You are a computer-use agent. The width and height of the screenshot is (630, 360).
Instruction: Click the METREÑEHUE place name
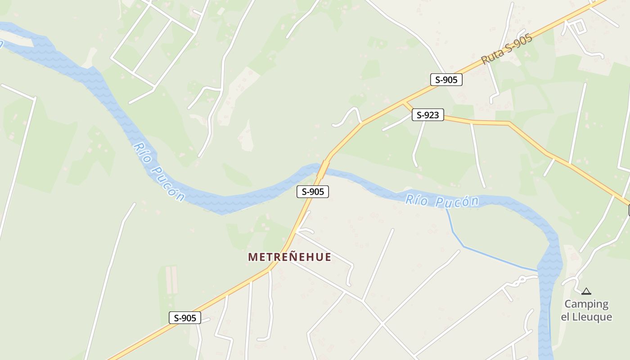tap(290, 257)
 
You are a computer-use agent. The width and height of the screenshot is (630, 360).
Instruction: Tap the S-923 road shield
tap(427, 115)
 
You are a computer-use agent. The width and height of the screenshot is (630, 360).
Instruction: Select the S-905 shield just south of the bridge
tap(313, 192)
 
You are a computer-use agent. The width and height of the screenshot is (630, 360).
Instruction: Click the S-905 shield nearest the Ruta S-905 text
tap(446, 80)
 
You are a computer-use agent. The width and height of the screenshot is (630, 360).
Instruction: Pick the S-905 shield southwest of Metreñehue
tap(185, 318)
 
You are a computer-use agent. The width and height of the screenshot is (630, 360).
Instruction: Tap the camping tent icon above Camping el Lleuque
tap(586, 292)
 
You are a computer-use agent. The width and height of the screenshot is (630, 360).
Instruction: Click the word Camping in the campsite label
tap(586, 304)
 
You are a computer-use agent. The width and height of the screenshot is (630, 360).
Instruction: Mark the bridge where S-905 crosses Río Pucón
tap(323, 170)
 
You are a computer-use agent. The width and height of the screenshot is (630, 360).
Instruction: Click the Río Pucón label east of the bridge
tap(441, 201)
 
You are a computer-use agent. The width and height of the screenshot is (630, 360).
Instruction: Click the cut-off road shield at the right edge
tap(629, 210)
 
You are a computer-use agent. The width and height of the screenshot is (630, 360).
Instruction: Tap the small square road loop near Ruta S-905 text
tap(579, 27)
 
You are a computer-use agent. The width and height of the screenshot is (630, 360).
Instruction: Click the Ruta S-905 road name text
tap(507, 49)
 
